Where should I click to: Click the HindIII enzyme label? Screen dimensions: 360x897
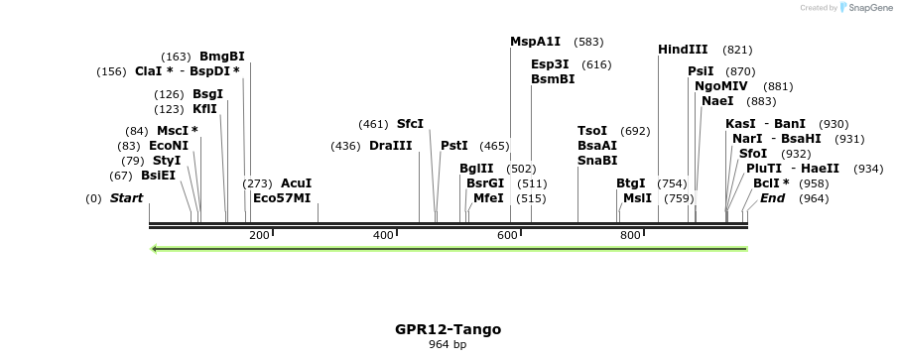683,50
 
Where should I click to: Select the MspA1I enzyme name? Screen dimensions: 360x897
535,42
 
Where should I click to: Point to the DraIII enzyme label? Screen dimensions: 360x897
390,146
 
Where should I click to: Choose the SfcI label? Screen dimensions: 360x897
410,124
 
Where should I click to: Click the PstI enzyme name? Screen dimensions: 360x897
453,146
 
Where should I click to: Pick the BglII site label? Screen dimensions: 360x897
476,169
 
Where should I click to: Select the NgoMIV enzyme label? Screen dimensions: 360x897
720,86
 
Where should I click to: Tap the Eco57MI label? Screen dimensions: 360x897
282,198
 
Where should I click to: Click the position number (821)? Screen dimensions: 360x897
737,50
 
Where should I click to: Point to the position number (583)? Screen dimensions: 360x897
588,42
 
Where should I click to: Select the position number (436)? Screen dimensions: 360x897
345,146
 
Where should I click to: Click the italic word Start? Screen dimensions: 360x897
126,198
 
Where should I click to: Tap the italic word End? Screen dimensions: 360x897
772,198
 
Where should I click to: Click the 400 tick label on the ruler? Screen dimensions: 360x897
383,236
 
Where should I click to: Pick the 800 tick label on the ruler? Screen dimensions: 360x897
630,236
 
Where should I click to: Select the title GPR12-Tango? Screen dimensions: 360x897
448,329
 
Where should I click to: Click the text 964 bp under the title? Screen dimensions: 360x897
448,345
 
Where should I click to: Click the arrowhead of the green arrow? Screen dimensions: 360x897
154,249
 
